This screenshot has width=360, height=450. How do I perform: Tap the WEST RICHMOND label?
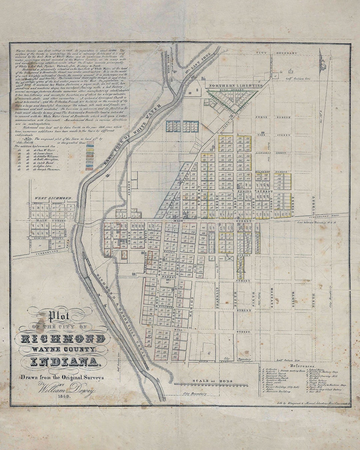click(x=53, y=198)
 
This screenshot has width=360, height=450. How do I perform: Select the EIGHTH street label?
click(x=293, y=300)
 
